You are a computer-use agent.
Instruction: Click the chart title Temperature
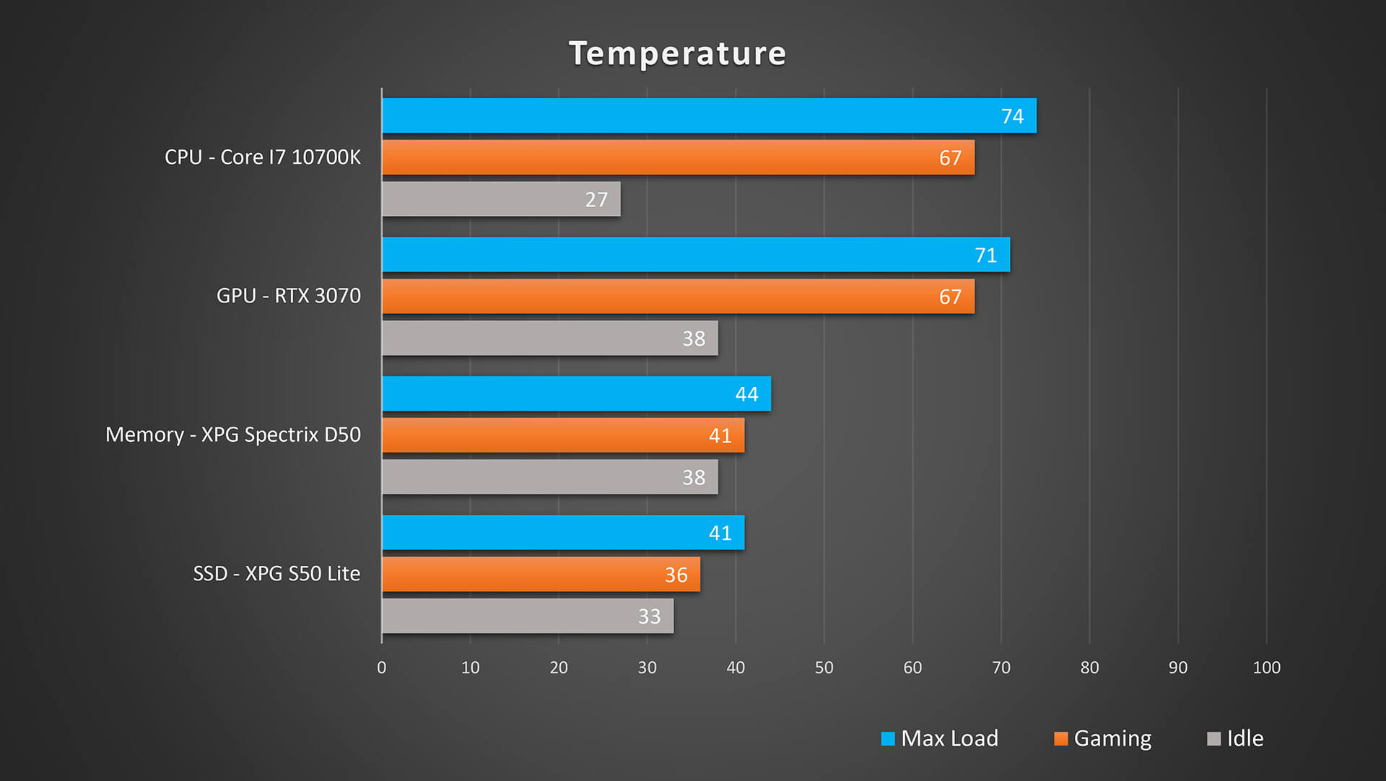(x=677, y=53)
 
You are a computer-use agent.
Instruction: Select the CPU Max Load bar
(x=709, y=115)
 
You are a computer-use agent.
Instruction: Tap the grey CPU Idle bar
(x=501, y=198)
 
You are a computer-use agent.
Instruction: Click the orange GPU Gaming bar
(x=678, y=296)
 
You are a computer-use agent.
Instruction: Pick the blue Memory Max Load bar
(x=576, y=393)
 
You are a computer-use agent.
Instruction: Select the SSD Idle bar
(x=528, y=616)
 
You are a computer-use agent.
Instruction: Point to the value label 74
(x=1012, y=116)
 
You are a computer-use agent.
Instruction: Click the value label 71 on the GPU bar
(x=985, y=256)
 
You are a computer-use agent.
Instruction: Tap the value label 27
(x=596, y=200)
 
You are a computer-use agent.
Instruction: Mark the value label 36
(x=676, y=575)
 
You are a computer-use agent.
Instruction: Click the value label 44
(x=746, y=394)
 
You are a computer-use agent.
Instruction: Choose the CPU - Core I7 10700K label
(x=263, y=157)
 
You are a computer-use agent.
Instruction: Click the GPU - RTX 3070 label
(x=289, y=296)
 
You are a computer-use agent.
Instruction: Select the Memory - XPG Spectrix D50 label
(x=233, y=435)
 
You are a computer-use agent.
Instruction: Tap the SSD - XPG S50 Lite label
(x=276, y=574)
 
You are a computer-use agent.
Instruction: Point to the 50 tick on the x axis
(x=824, y=668)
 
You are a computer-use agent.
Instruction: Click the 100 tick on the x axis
(x=1266, y=668)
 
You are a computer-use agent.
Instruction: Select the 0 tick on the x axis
(x=382, y=668)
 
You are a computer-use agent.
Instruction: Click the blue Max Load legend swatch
(x=888, y=738)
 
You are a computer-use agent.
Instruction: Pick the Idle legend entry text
(x=1245, y=738)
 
